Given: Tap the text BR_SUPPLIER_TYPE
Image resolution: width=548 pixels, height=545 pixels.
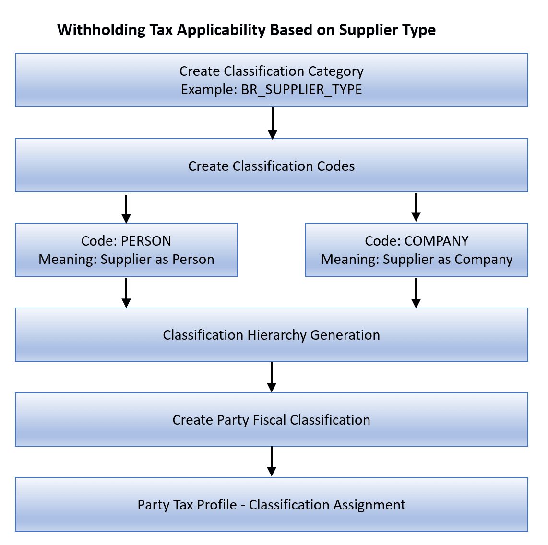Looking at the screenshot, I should pos(301,90).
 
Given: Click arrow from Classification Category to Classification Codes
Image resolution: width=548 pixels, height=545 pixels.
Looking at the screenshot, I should pos(273,123).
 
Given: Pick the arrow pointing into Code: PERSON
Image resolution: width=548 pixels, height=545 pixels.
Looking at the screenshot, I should pos(126,208).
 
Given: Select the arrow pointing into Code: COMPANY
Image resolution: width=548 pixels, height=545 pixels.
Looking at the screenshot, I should pos(416,207).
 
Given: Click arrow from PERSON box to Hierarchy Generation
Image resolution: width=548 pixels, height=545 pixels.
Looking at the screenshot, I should pos(126,292).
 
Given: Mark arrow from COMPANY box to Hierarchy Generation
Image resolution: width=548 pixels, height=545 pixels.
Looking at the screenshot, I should pos(416,293).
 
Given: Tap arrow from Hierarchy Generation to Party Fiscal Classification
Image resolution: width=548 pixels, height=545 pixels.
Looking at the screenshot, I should pos(272,377).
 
